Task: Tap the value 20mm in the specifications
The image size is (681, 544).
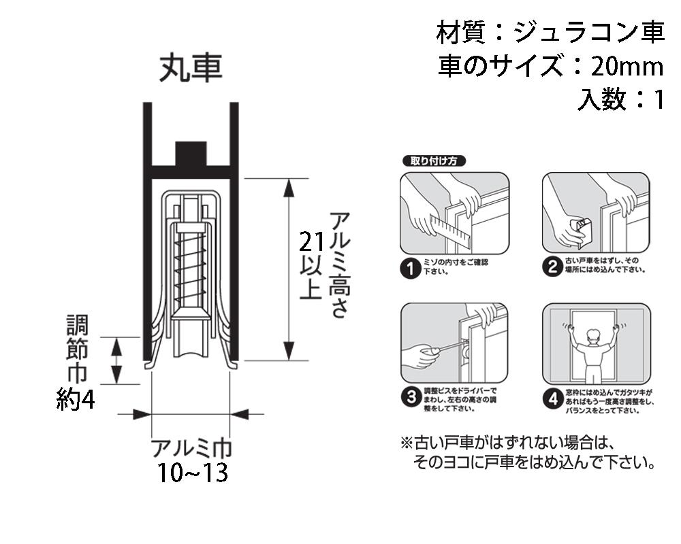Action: tap(627, 67)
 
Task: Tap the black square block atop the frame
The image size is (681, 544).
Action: tap(191, 153)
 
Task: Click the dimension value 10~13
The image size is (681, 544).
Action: tap(192, 473)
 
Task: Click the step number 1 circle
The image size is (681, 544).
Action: tap(410, 269)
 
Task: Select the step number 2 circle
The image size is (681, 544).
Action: tap(553, 267)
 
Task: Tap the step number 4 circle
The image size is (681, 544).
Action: tap(553, 398)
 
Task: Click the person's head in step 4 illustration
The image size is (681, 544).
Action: tap(592, 335)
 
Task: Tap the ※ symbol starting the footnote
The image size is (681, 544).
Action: tap(407, 442)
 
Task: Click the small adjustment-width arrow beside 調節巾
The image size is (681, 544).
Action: tap(116, 360)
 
